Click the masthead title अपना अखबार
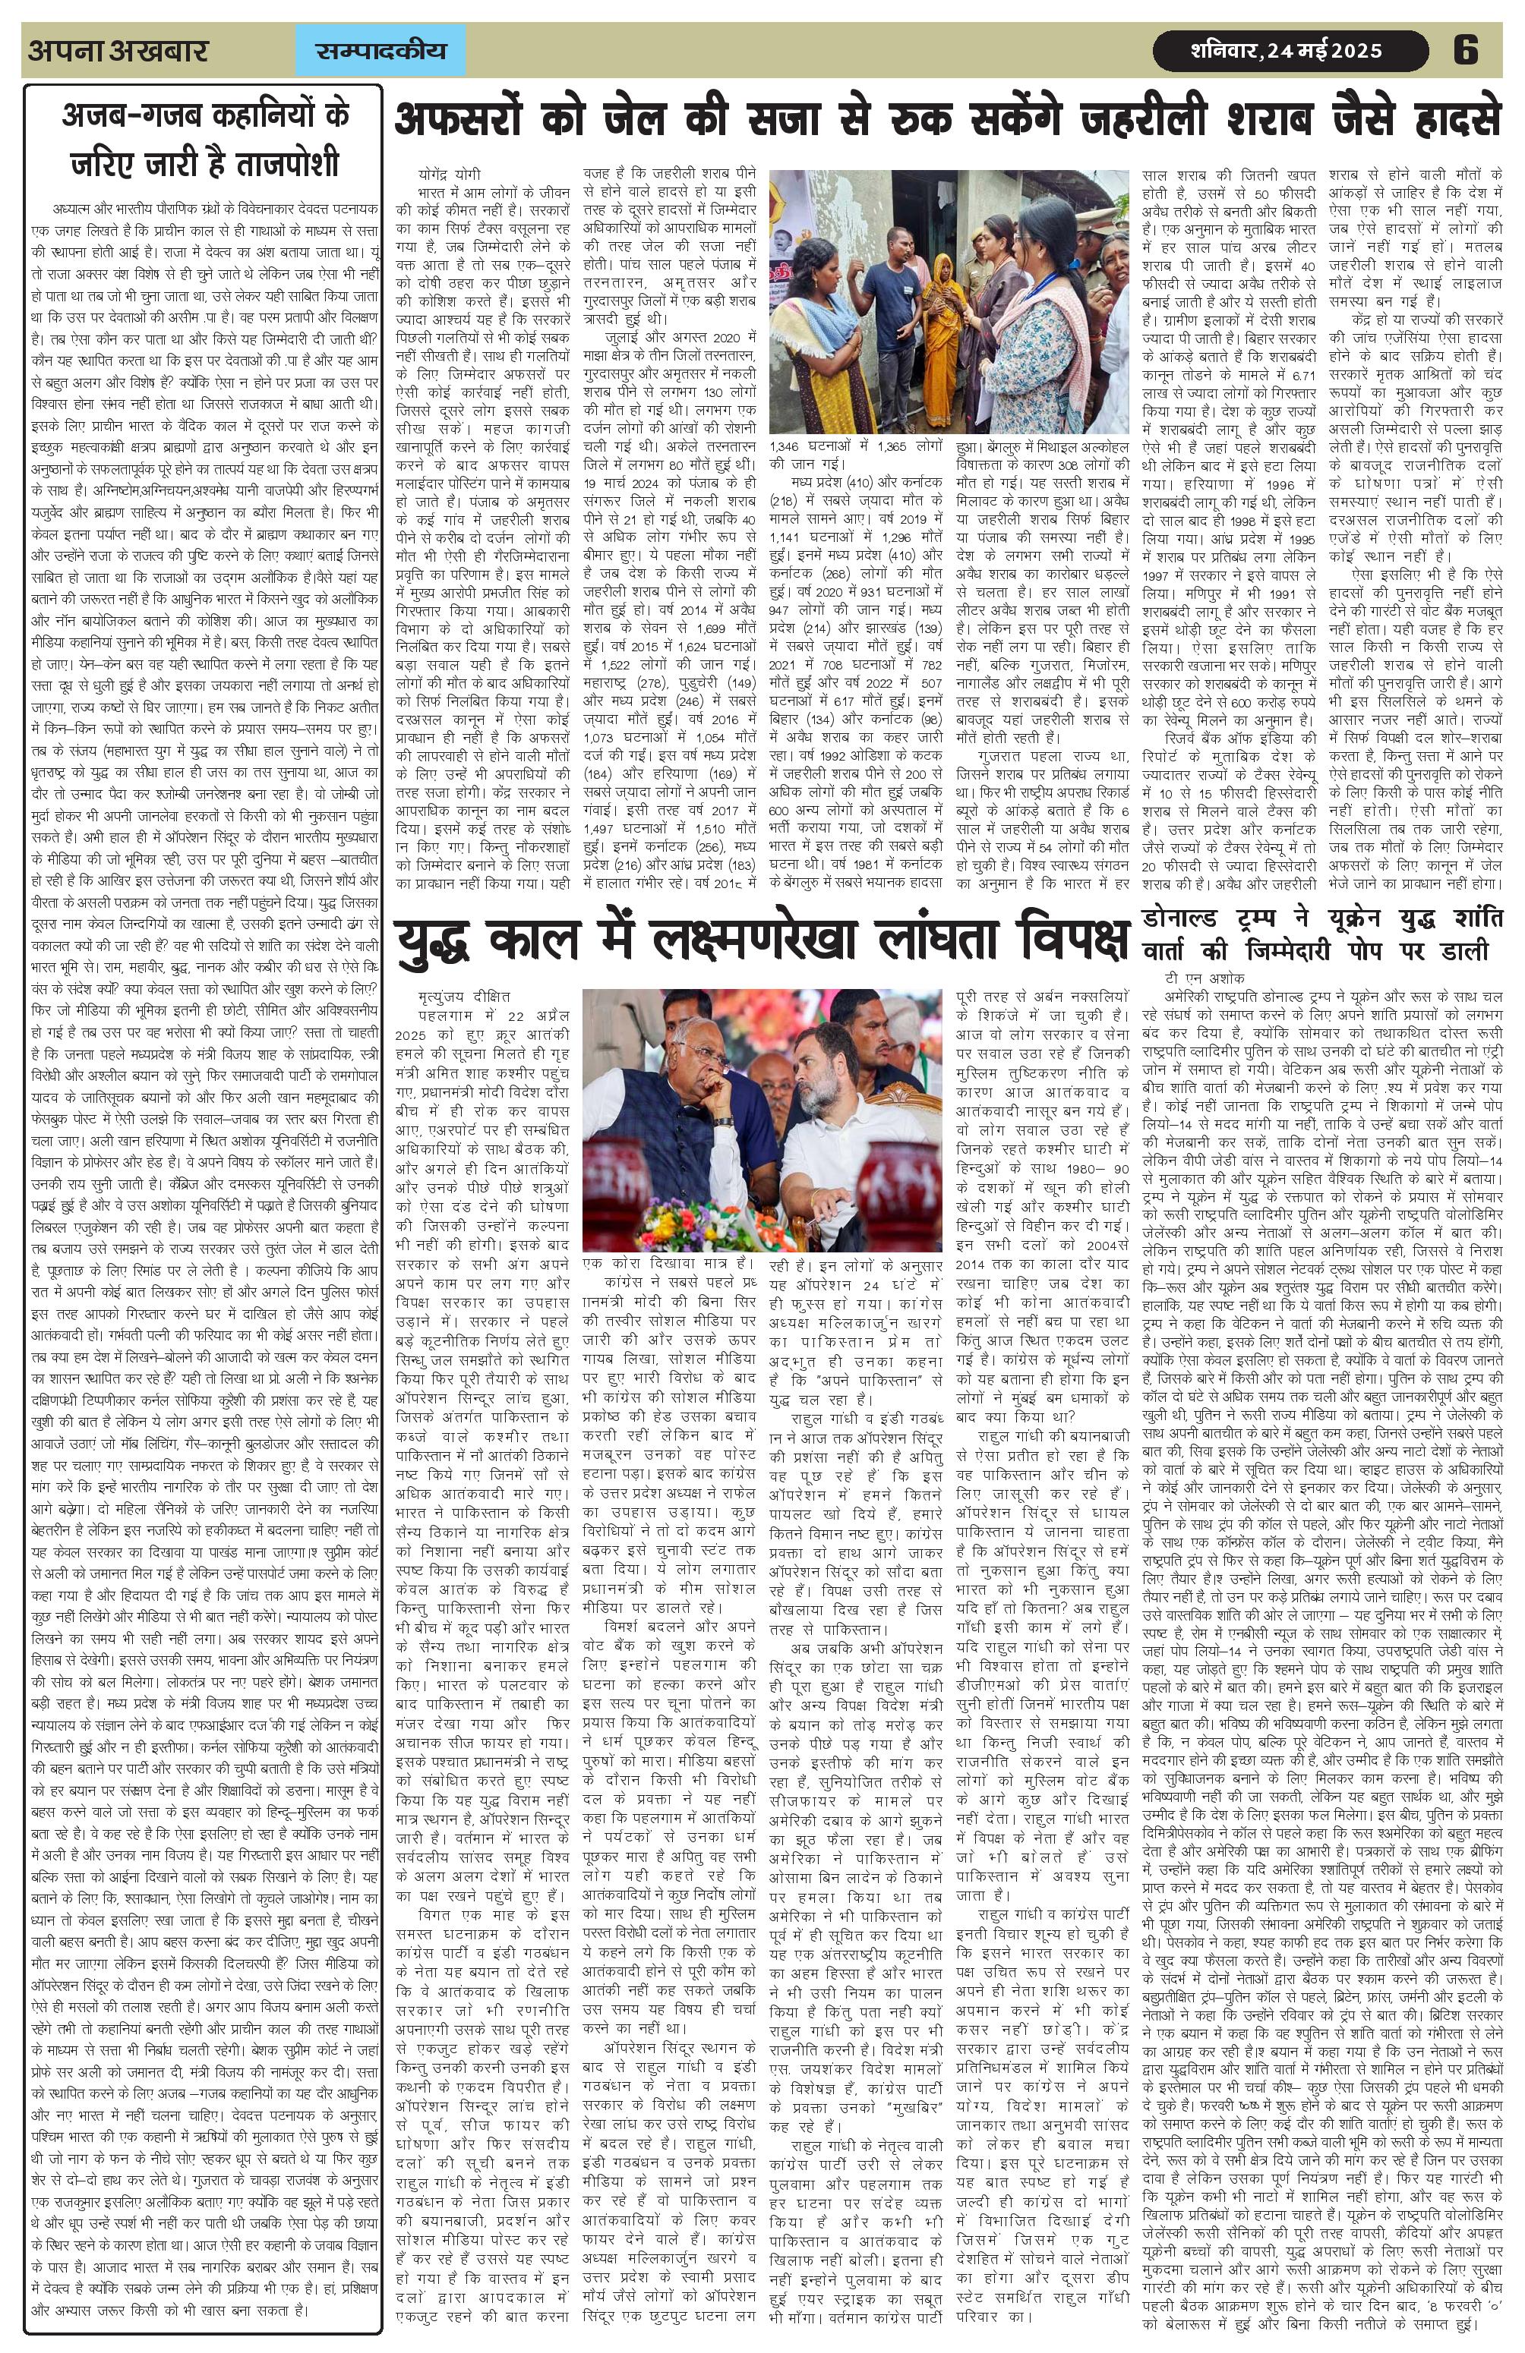(x=118, y=50)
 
